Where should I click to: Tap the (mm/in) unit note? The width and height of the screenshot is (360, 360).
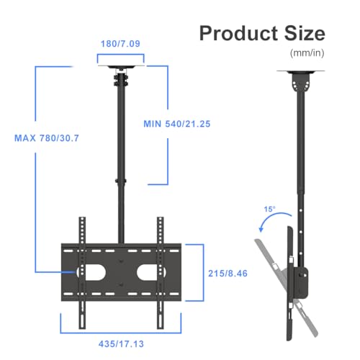point(307,53)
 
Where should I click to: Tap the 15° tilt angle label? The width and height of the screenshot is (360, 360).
point(269,209)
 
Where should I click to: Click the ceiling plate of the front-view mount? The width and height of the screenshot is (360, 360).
point(120,70)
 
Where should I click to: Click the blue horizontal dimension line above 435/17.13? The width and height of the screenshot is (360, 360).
point(121,333)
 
